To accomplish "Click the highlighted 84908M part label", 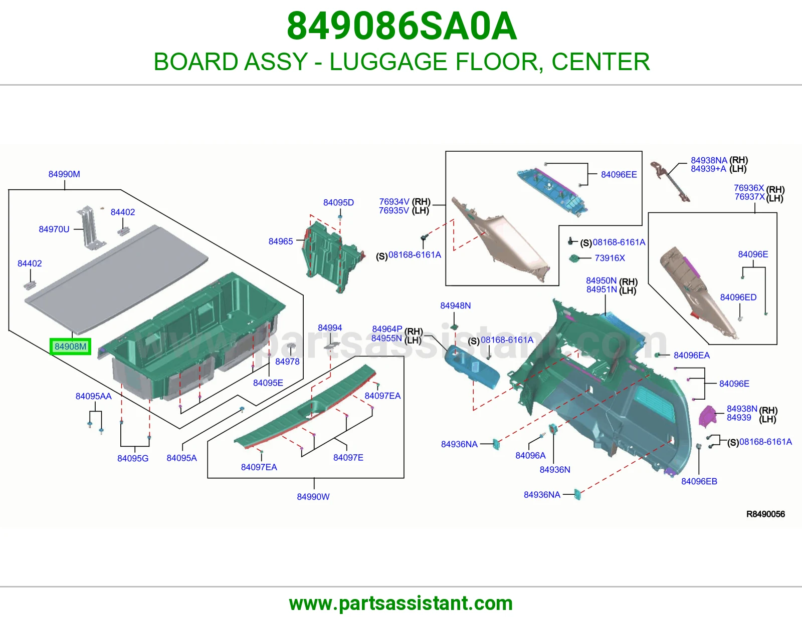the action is pos(71,347).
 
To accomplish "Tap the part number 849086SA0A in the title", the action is pos(402,26).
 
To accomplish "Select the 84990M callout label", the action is pos(64,174).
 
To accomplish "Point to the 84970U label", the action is pos(54,229).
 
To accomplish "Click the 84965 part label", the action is pos(281,241).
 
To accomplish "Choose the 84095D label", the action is pos(338,202).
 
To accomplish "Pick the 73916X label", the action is pos(610,258).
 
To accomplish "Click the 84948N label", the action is pos(456,305).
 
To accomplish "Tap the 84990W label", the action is pos(313,497).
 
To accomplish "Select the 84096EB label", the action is pos(699,481).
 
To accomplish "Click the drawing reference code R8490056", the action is pos(765,514).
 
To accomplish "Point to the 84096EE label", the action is pos(619,174).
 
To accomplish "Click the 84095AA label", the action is pos(93,396).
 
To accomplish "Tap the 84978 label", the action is pos(287,362).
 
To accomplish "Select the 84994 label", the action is pos(330,328).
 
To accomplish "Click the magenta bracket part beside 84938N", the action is pos(708,416).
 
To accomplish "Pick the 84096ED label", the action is pos(738,297).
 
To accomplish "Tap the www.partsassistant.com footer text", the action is pos(401,603).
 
